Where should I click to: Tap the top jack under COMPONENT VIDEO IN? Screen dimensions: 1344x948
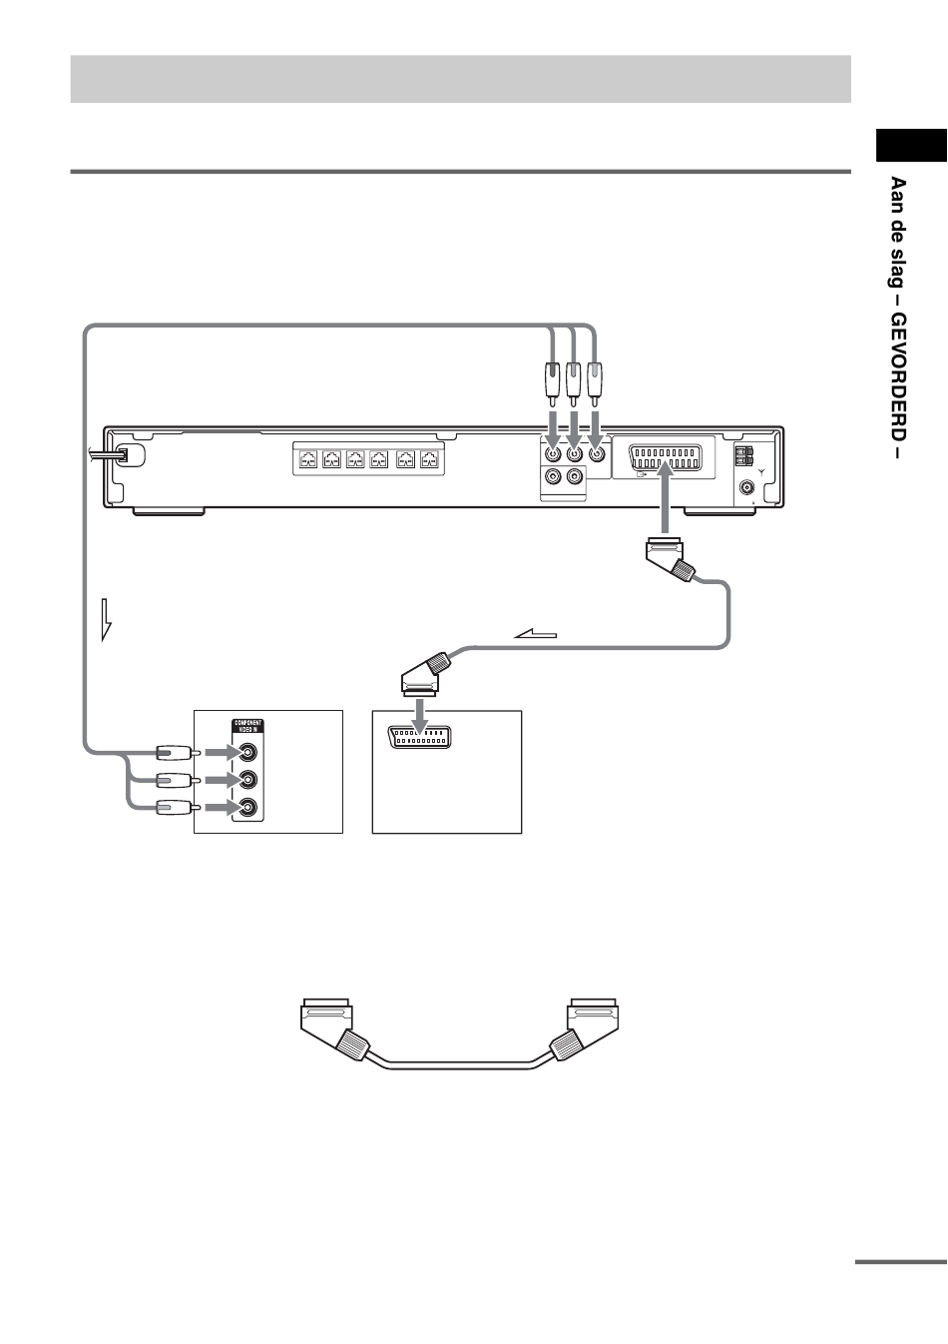(x=247, y=751)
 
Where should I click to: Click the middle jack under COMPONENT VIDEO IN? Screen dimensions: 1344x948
(x=247, y=779)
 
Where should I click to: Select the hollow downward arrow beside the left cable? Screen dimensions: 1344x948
(x=108, y=620)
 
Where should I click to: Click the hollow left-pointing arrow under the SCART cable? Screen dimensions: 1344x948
(x=533, y=633)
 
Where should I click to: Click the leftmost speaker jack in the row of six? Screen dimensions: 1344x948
(x=308, y=460)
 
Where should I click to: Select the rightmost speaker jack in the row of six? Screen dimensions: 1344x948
(x=430, y=460)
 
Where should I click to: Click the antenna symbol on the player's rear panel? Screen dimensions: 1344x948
(x=761, y=470)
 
